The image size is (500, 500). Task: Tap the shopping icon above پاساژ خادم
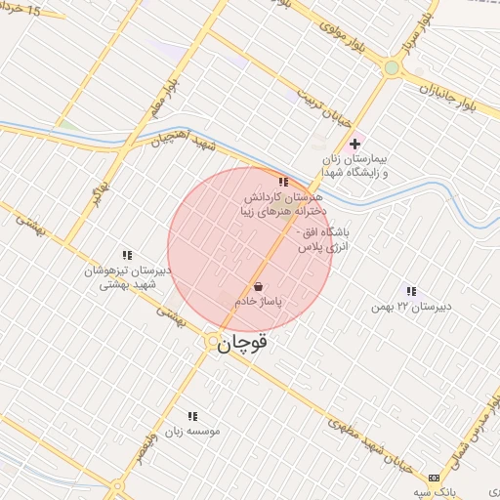pyautogui.click(x=257, y=287)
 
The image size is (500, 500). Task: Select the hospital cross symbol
pyautogui.click(x=354, y=144)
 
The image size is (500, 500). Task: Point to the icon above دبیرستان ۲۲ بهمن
pyautogui.click(x=410, y=291)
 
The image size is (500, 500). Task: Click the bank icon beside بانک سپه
pyautogui.click(x=434, y=479)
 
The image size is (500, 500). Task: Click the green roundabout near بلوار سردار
pyautogui.click(x=393, y=68)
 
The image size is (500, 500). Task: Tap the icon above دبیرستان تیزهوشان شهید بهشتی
pyautogui.click(x=126, y=254)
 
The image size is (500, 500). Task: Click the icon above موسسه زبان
pyautogui.click(x=191, y=415)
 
